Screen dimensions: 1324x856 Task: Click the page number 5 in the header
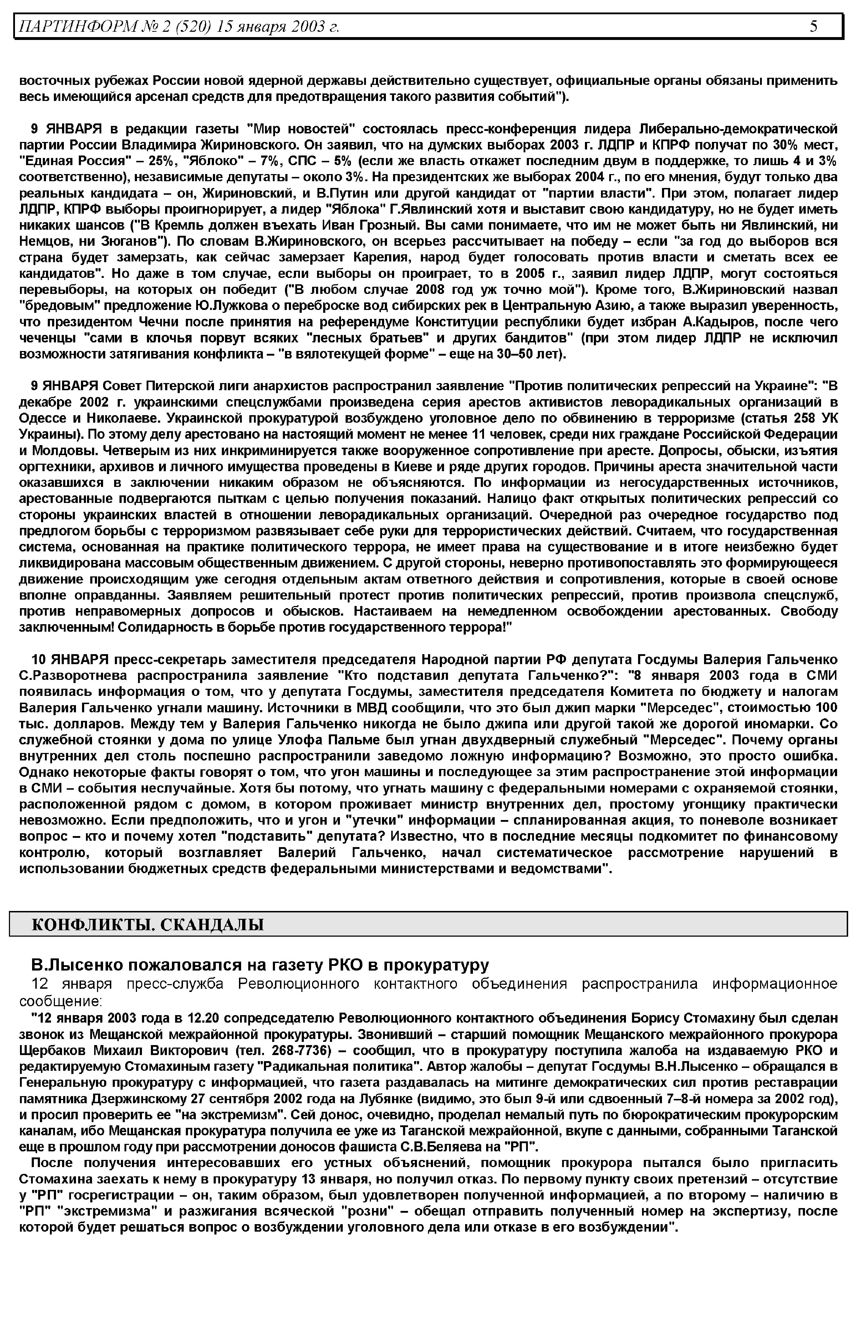[813, 26]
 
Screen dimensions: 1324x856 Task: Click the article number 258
[793, 417]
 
